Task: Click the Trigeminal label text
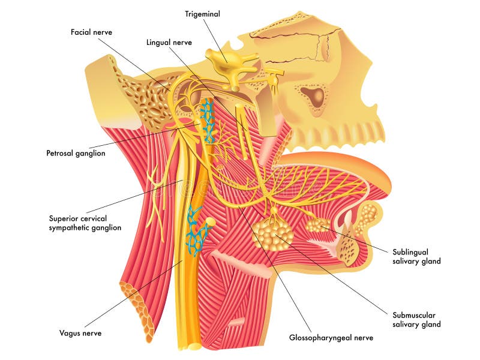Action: tap(202, 14)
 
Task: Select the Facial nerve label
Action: tap(91, 32)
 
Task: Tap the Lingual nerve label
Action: tap(169, 42)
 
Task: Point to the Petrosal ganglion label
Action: tap(76, 153)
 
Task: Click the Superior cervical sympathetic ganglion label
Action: tap(85, 223)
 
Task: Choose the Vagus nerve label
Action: tap(80, 333)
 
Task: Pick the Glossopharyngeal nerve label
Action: tap(331, 338)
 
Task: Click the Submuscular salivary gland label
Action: tap(416, 320)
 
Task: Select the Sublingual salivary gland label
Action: tap(416, 257)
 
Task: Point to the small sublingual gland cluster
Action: tap(317, 224)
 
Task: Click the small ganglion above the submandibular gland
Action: tap(274, 211)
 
